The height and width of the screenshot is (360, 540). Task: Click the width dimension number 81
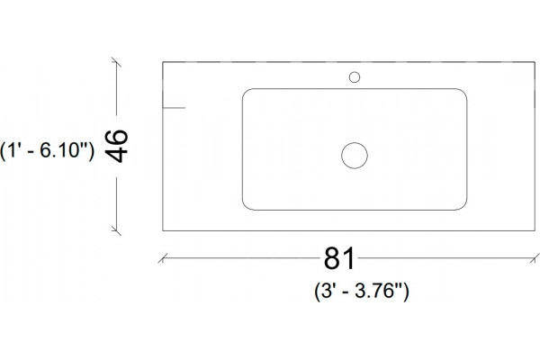(339, 258)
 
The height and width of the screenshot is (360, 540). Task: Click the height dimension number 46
(116, 146)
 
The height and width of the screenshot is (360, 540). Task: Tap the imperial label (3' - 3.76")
(362, 292)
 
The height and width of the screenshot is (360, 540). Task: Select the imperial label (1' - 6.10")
(47, 150)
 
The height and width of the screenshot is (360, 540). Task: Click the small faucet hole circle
(355, 77)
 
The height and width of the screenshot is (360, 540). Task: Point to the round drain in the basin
(355, 156)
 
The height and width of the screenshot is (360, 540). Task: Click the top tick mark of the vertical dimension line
(116, 63)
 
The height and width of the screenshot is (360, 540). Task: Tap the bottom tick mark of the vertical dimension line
(116, 230)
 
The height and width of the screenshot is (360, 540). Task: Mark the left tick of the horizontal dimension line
(163, 258)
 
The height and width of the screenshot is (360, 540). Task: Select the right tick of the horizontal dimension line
(535, 258)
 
